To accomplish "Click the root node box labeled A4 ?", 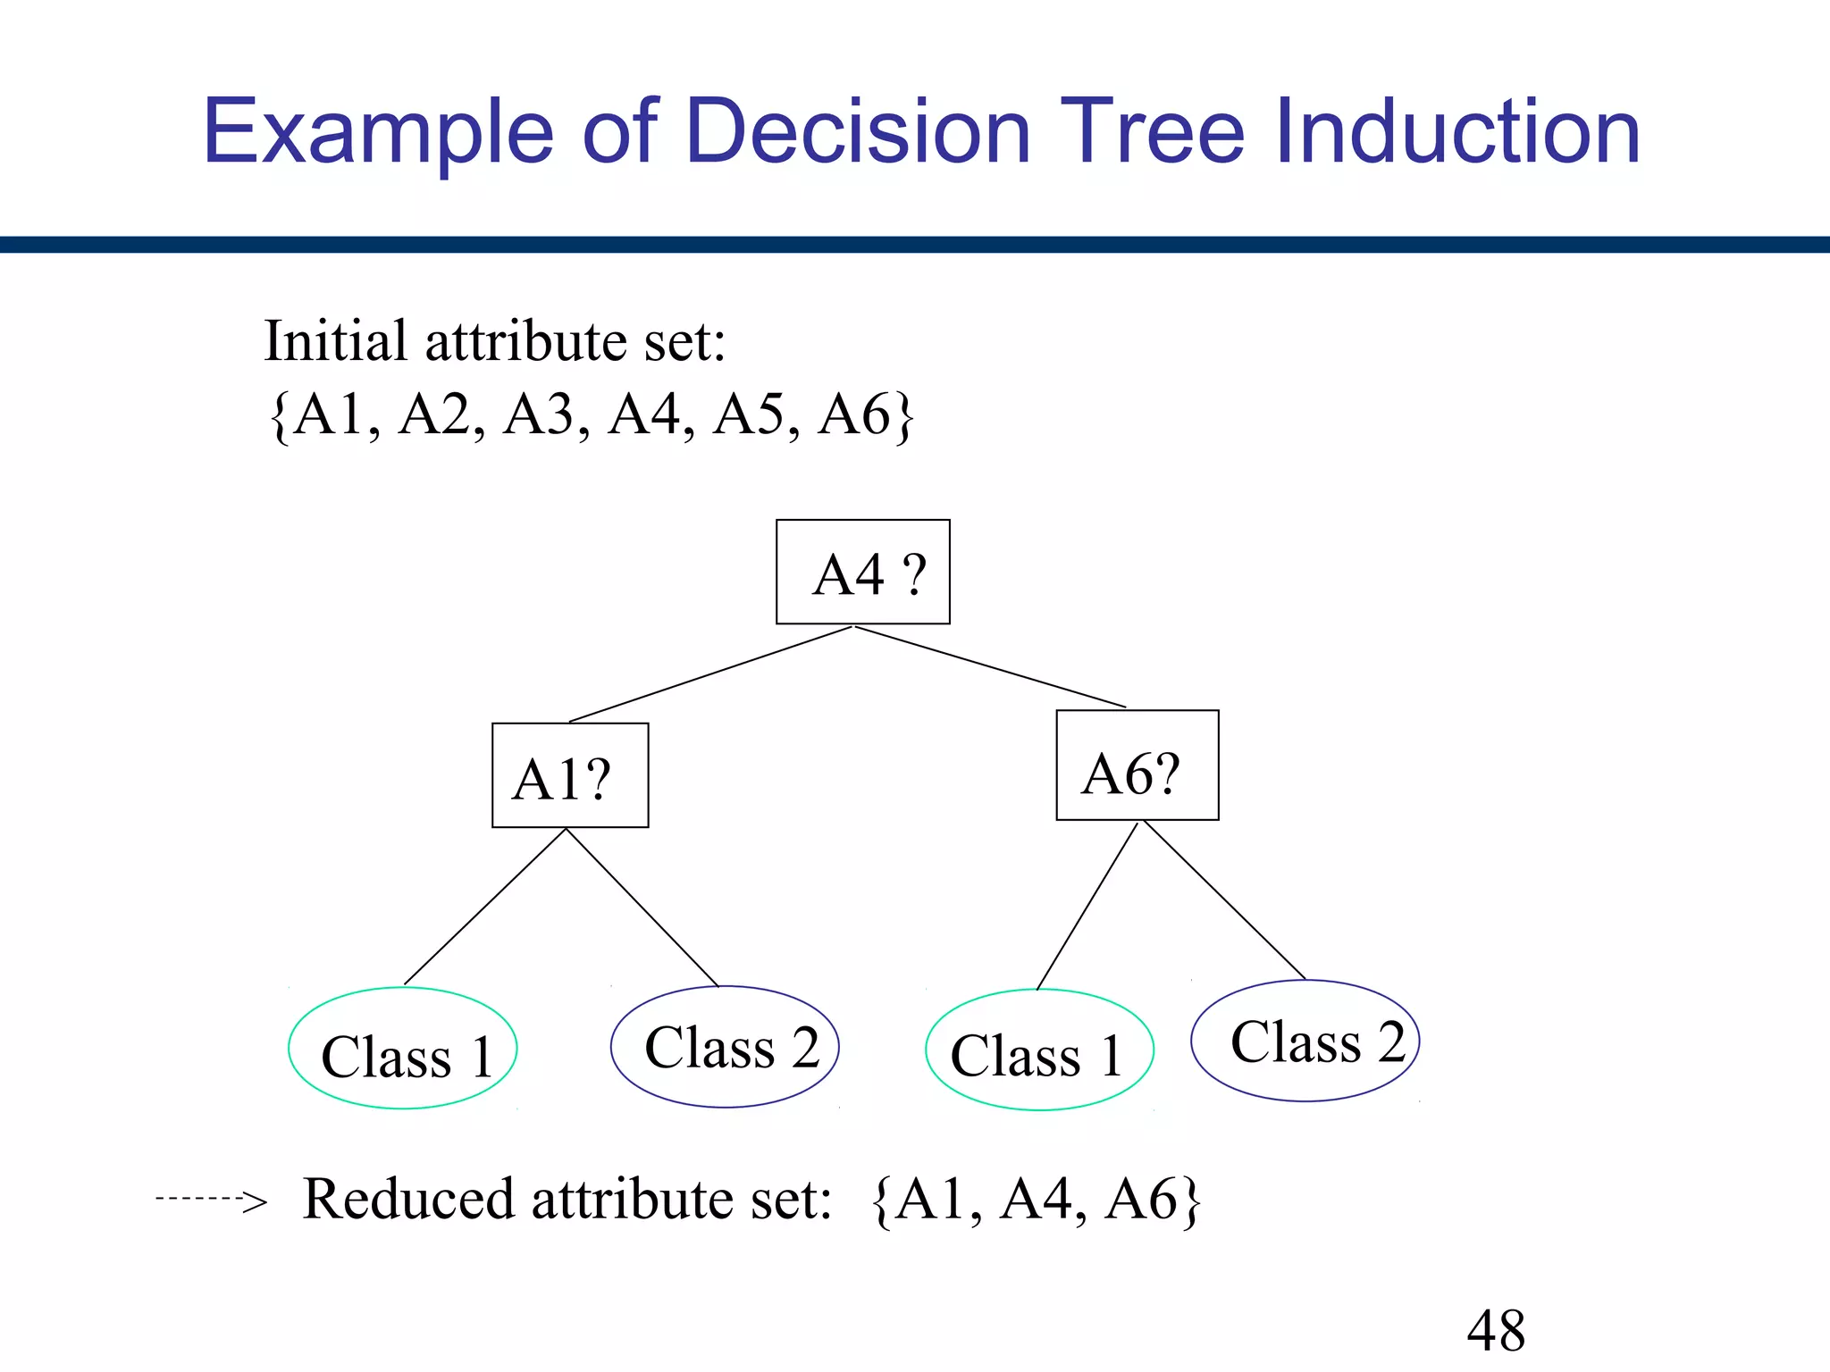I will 862,572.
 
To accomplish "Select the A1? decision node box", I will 570,775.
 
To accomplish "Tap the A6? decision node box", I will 1137,765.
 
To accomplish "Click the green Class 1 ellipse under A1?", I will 403,1049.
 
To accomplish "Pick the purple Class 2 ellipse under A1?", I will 725,1047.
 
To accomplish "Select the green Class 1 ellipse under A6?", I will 1039,1050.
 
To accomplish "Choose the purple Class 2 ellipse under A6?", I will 1305,1041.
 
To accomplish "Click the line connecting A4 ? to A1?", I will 710,674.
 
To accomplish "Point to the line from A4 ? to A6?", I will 990,666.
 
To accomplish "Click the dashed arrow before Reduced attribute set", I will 211,1199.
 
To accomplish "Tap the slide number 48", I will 1496,1331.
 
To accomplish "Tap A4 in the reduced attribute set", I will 1039,1199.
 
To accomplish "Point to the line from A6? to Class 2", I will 1224,900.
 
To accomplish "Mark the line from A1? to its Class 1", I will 485,908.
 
